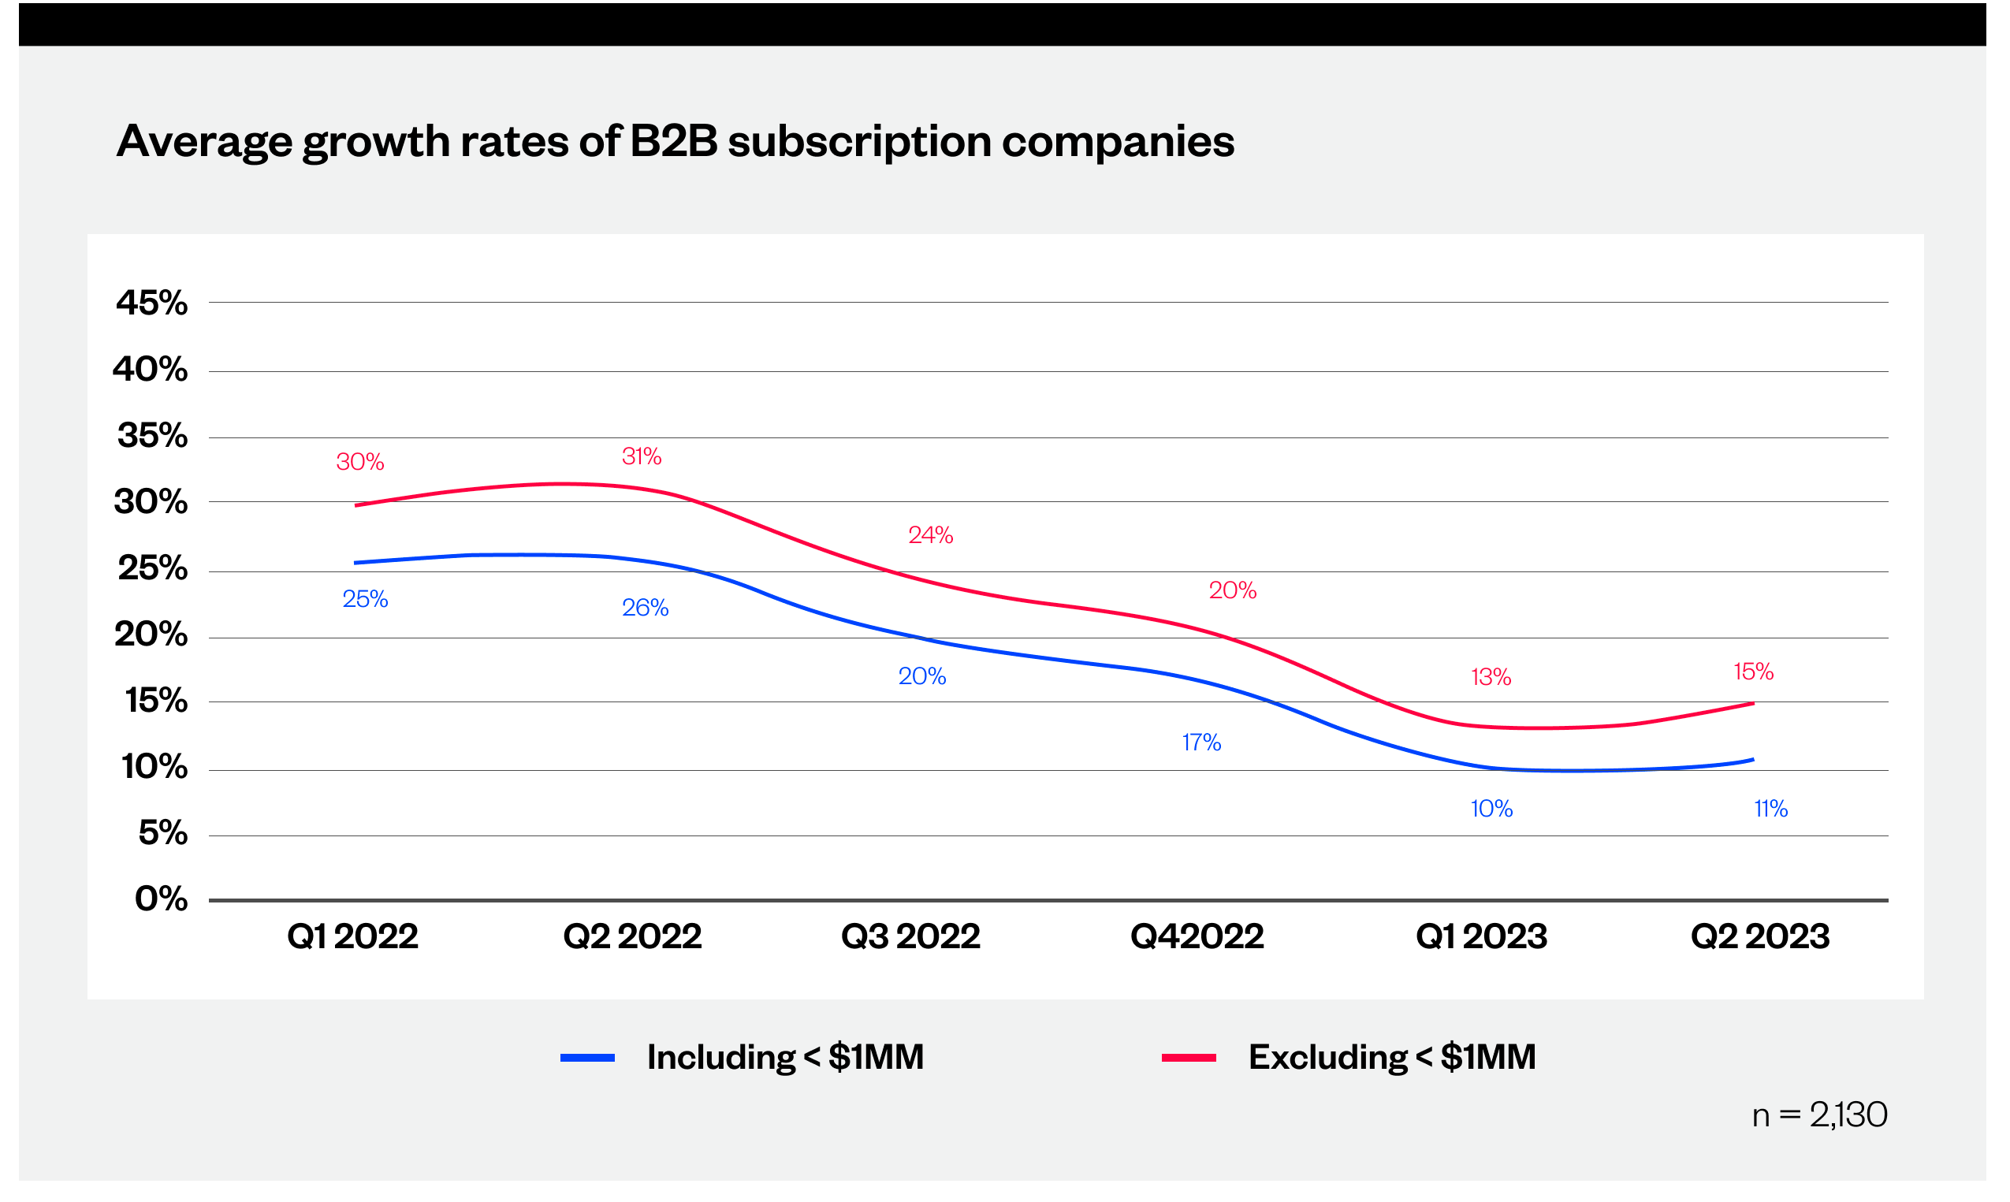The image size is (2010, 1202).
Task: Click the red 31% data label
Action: pyautogui.click(x=642, y=457)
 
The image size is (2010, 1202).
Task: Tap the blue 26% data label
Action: pyautogui.click(x=645, y=608)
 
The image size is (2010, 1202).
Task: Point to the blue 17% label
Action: pyautogui.click(x=1201, y=742)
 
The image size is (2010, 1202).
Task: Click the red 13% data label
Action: pyautogui.click(x=1491, y=677)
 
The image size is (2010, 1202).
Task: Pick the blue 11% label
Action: pyautogui.click(x=1770, y=809)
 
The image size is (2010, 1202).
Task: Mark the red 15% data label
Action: pyautogui.click(x=1753, y=672)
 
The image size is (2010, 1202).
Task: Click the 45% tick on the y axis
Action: pyautogui.click(x=151, y=303)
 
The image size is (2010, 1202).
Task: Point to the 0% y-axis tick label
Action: pyautogui.click(x=161, y=899)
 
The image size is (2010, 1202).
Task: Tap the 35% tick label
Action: pyautogui.click(x=152, y=436)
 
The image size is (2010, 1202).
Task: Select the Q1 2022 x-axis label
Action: pyautogui.click(x=352, y=936)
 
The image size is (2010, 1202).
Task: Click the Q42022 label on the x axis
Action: pyautogui.click(x=1197, y=936)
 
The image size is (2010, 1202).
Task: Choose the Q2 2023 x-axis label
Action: pyautogui.click(x=1760, y=936)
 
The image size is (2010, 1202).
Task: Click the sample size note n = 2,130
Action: pyautogui.click(x=1819, y=1115)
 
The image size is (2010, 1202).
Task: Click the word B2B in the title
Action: pyautogui.click(x=673, y=141)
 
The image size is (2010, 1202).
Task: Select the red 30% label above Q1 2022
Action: pyautogui.click(x=359, y=462)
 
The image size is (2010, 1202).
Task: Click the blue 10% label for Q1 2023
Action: pyautogui.click(x=1491, y=809)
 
